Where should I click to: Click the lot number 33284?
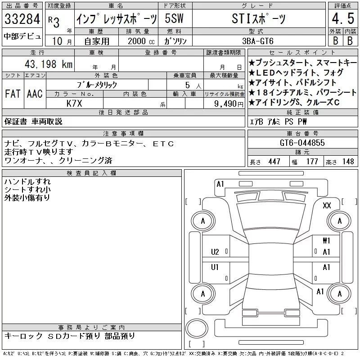[x=22, y=19]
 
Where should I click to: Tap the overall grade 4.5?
[x=343, y=18]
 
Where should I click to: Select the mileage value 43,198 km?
[x=49, y=64]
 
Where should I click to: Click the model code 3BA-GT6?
[x=258, y=41]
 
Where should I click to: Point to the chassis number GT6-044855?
[x=302, y=143]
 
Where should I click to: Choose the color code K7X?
[x=74, y=103]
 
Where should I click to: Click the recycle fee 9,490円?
[x=229, y=104]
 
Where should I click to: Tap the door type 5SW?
[x=174, y=18]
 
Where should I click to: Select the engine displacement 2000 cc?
[x=141, y=41]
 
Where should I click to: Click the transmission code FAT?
[x=13, y=94]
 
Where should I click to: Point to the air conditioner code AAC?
[x=35, y=94]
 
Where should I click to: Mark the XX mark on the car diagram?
[x=327, y=205]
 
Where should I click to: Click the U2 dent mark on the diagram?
[x=215, y=252]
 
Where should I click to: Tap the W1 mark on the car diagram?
[x=326, y=241]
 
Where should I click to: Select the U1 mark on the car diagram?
[x=215, y=267]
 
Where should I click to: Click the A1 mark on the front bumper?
[x=220, y=184]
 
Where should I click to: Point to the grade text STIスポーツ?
[x=258, y=18]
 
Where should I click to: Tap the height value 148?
[x=348, y=162]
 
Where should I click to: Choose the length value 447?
[x=274, y=162]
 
